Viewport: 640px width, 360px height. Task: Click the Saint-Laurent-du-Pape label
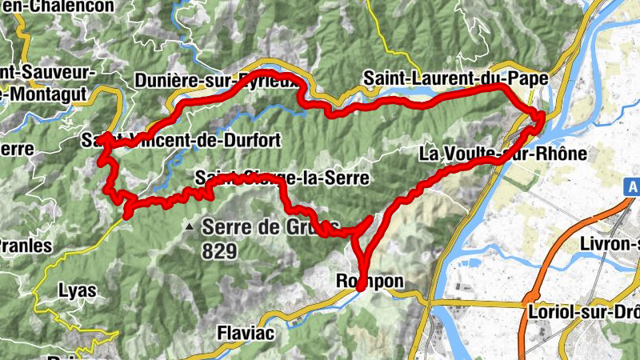(x=455, y=79)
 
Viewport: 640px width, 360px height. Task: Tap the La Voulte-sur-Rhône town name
(x=504, y=154)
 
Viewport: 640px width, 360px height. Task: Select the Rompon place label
(x=369, y=282)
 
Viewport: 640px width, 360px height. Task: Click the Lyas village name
(x=78, y=291)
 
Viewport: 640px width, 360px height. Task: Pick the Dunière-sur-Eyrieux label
(x=221, y=81)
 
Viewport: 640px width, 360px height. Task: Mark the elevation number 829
(x=221, y=251)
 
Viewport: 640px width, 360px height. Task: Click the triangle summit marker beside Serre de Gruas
(x=190, y=227)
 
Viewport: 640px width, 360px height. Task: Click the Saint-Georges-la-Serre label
(x=282, y=178)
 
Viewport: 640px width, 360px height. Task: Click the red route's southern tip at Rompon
(x=361, y=286)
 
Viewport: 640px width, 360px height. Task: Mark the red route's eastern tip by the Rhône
(x=542, y=116)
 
